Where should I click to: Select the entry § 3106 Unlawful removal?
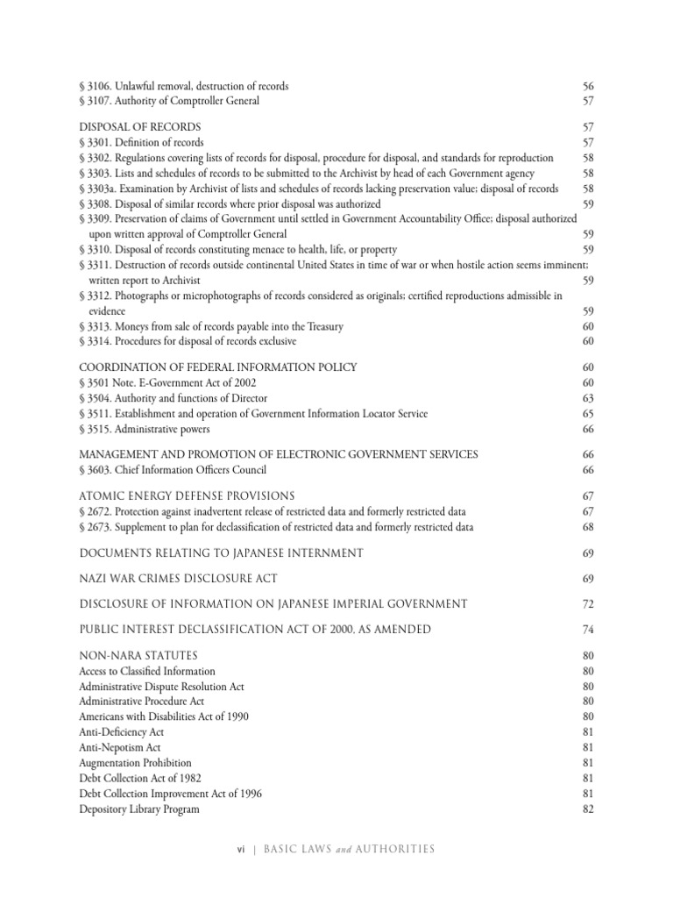tap(184, 86)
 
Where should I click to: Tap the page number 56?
tap(588, 86)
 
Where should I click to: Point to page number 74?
tap(588, 630)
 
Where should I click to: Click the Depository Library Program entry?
tap(139, 809)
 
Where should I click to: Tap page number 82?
tap(588, 809)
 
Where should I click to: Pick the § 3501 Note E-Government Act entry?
tap(167, 382)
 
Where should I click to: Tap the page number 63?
tap(588, 398)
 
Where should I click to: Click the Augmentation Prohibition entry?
tap(135, 762)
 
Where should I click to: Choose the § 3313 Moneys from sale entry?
tap(211, 326)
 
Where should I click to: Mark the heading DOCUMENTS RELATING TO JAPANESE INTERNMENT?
tap(221, 552)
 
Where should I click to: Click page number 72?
tap(588, 604)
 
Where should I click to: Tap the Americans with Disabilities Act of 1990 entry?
tap(164, 716)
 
